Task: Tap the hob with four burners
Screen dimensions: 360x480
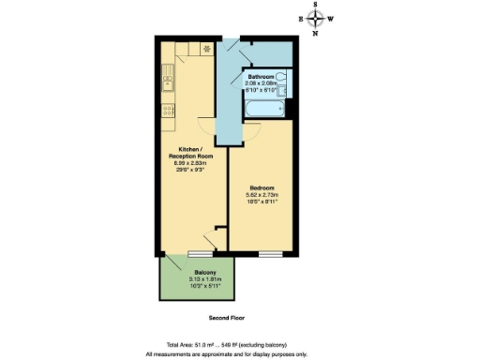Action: point(166,110)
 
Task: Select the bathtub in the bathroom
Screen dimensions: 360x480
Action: point(266,110)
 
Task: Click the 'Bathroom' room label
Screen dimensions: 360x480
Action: point(261,76)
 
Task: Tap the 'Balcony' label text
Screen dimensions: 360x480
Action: point(193,272)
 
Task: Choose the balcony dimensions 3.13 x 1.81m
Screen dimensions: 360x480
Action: point(193,279)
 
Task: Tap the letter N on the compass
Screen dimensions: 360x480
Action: point(316,34)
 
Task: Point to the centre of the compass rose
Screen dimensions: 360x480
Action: point(316,18)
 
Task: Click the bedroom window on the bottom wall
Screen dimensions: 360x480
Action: point(271,253)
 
